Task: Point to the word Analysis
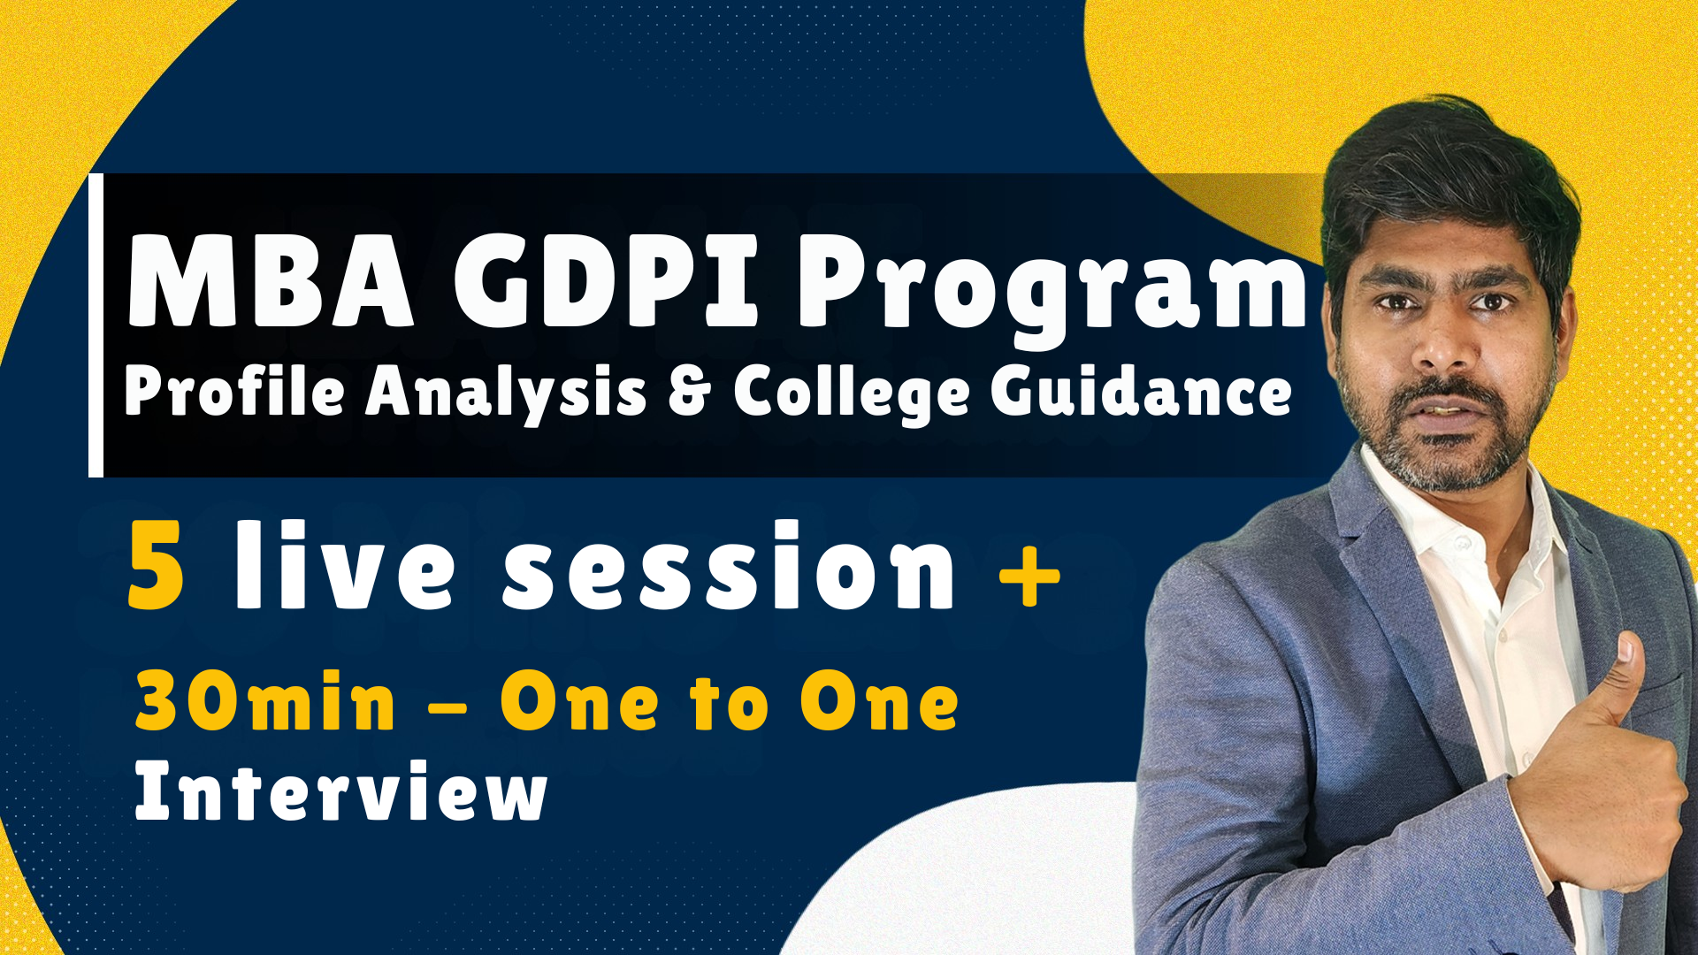click(x=506, y=393)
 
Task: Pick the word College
click(x=852, y=393)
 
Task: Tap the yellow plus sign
click(x=1029, y=576)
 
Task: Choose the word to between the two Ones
click(x=730, y=702)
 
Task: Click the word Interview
click(x=340, y=791)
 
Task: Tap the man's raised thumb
click(x=1625, y=672)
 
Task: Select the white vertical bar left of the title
click(x=96, y=325)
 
